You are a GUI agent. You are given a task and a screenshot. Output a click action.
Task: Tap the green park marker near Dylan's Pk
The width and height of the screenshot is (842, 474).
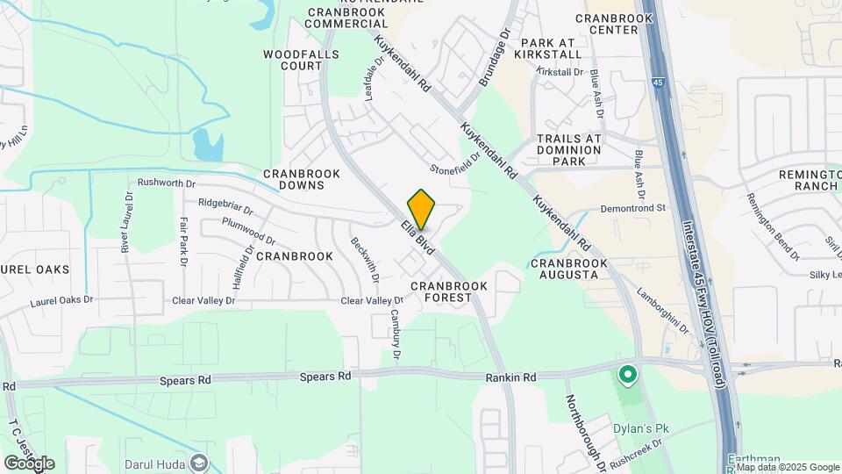628,376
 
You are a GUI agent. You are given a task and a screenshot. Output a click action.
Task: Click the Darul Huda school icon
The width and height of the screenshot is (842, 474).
200,462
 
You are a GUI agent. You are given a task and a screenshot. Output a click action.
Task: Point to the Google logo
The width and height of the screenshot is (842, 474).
29,463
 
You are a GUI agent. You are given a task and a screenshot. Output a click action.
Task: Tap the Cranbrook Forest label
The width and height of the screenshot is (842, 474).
442,291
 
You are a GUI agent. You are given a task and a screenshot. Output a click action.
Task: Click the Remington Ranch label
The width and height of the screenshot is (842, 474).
810,181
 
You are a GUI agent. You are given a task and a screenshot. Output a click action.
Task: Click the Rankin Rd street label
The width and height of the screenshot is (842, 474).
510,377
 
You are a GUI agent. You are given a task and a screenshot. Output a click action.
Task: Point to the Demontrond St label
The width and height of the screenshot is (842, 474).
634,209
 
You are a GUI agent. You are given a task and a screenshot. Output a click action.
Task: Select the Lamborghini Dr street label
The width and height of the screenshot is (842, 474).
663,311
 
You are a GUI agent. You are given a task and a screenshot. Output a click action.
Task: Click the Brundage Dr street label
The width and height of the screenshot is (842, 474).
494,59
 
